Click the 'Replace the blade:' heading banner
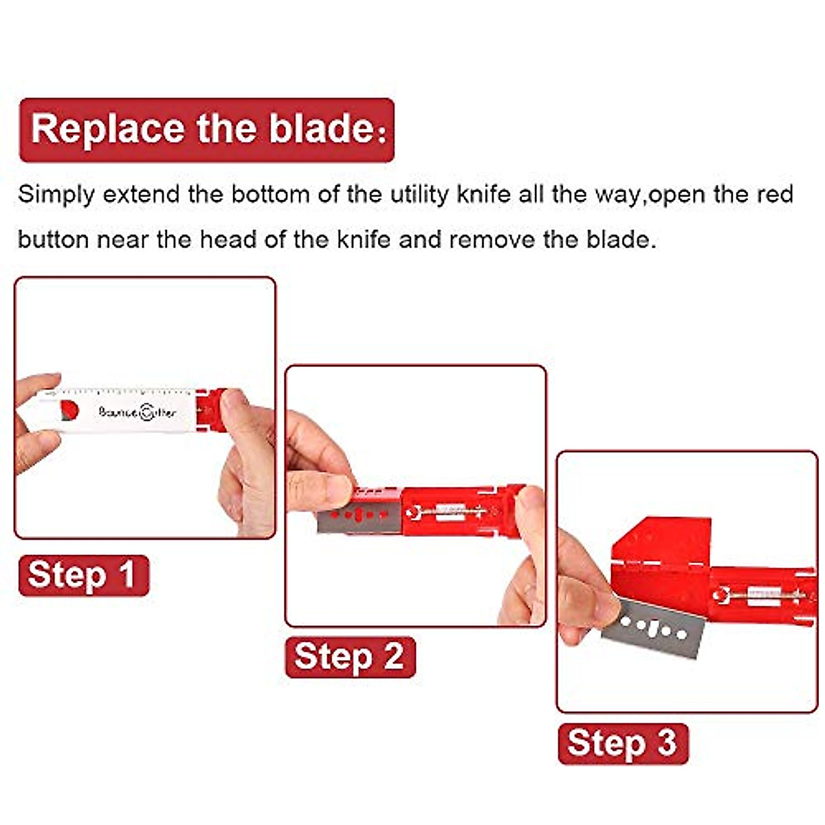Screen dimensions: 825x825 206,129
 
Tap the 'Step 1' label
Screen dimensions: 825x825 82,575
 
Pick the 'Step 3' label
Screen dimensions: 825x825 622,743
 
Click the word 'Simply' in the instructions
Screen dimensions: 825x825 56,195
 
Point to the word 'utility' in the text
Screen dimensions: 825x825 420,195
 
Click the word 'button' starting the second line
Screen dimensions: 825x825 53,240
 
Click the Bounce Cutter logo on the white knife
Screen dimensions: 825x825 137,412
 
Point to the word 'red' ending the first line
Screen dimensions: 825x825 775,195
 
